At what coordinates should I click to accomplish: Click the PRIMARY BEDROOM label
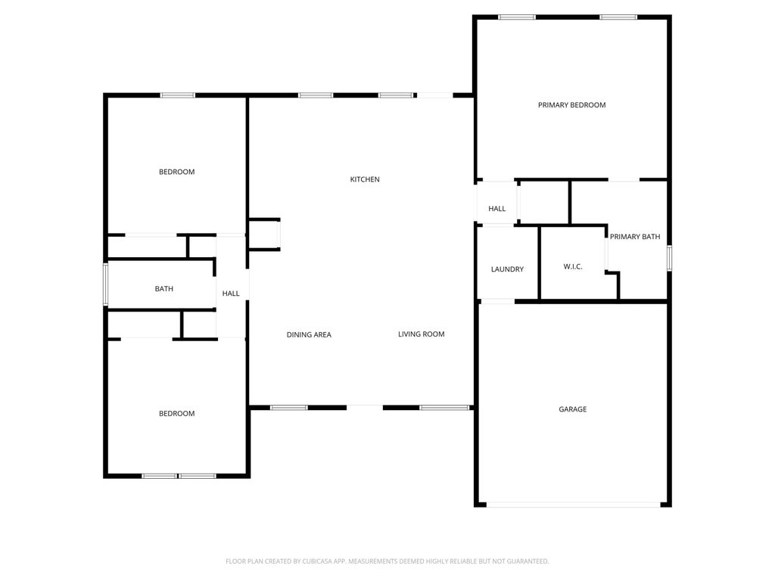click(x=571, y=105)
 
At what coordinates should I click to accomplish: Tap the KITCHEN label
click(x=365, y=179)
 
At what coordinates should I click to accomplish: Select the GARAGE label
click(x=572, y=409)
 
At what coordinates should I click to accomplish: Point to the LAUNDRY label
click(x=507, y=269)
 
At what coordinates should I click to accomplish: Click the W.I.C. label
click(x=572, y=266)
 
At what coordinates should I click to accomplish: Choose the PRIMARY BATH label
click(x=635, y=237)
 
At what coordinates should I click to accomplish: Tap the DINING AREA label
click(x=309, y=334)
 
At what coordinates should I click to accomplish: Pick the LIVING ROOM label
click(x=421, y=334)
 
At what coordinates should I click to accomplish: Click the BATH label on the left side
click(x=163, y=288)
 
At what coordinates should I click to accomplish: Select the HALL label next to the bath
click(x=231, y=294)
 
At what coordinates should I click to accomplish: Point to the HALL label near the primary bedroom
click(x=496, y=209)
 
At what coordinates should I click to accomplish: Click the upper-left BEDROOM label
click(x=176, y=172)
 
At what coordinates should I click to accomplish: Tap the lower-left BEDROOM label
click(x=176, y=413)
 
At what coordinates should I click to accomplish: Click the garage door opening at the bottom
click(x=573, y=504)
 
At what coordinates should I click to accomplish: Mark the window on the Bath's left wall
click(x=106, y=284)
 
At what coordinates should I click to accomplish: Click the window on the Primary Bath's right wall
click(x=668, y=257)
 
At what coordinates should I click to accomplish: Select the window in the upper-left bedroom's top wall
click(x=177, y=95)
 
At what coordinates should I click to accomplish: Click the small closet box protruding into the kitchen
click(x=264, y=235)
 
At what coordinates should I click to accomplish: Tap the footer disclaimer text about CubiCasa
click(x=387, y=561)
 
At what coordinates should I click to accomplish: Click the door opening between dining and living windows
click(x=365, y=407)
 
